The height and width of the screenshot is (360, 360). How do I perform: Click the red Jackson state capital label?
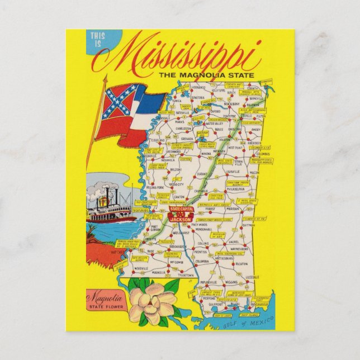pyautogui.click(x=179, y=214)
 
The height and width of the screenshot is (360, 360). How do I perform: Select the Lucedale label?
pyautogui.click(x=253, y=277)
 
